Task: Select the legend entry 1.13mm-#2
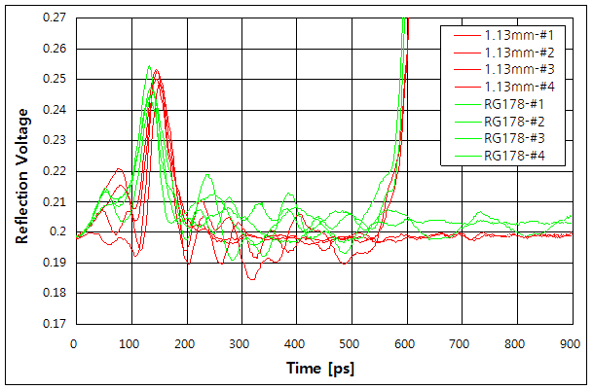(x=511, y=53)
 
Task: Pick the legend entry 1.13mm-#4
(x=511, y=88)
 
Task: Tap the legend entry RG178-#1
(x=511, y=104)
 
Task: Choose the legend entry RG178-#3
(x=511, y=139)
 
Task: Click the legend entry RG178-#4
(x=511, y=156)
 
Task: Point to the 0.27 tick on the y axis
(x=55, y=18)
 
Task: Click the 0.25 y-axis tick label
(x=55, y=79)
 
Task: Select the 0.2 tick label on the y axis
(x=59, y=232)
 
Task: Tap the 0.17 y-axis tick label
(x=55, y=323)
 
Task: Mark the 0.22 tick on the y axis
(x=55, y=171)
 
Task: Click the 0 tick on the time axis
(x=74, y=343)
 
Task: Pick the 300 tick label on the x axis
(x=240, y=343)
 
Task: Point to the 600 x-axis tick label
(x=405, y=343)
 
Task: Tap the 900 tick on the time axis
(x=571, y=343)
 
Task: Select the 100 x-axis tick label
(x=130, y=343)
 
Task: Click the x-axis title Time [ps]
(x=322, y=369)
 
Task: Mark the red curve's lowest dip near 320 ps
(x=251, y=279)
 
